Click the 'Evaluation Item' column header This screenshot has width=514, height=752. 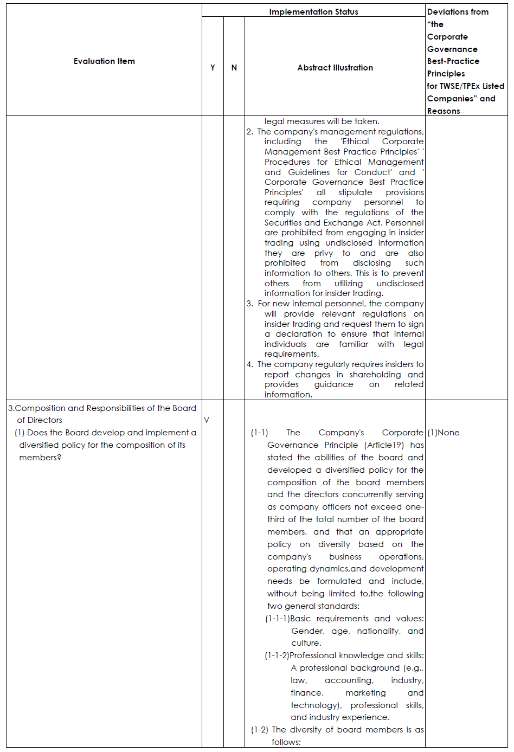[x=104, y=61]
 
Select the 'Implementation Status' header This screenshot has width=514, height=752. [x=313, y=11]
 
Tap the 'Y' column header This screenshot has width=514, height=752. [x=213, y=68]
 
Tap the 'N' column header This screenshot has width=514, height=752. [x=234, y=68]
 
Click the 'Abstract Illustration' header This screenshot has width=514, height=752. [x=335, y=68]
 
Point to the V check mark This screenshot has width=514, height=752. [x=207, y=420]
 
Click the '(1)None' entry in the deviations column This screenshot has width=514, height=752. [x=444, y=433]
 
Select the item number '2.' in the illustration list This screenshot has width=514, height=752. [x=249, y=132]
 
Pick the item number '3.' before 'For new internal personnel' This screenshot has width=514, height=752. [x=249, y=304]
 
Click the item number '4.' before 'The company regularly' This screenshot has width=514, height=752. [x=249, y=364]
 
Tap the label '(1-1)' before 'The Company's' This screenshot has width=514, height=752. [x=259, y=433]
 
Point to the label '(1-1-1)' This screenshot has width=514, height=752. [x=277, y=619]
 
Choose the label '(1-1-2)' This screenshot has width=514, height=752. [x=277, y=655]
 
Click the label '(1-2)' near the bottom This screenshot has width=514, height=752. [x=259, y=730]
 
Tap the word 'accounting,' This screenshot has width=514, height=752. [x=349, y=680]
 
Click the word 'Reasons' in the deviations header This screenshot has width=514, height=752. [x=444, y=111]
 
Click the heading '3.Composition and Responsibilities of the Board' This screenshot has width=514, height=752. [x=102, y=408]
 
